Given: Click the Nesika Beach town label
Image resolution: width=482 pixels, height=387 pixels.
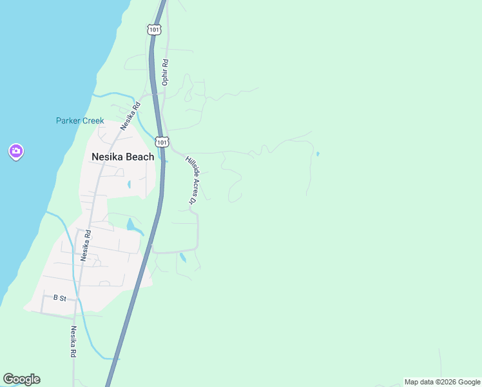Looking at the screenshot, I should pyautogui.click(x=122, y=157).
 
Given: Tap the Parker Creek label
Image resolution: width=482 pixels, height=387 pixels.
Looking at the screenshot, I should pyautogui.click(x=80, y=121).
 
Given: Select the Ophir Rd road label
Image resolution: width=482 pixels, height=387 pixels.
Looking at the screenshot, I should pyautogui.click(x=165, y=72).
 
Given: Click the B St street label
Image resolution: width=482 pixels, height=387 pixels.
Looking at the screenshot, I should pyautogui.click(x=59, y=297).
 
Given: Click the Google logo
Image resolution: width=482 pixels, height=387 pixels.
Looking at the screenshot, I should pyautogui.click(x=21, y=379).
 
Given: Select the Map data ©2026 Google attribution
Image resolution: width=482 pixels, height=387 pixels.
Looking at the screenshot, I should pyautogui.click(x=441, y=382).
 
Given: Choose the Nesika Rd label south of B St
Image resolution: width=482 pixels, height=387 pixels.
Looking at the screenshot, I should pyautogui.click(x=73, y=342).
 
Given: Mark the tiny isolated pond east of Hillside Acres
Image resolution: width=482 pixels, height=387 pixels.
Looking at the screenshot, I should pyautogui.click(x=318, y=154).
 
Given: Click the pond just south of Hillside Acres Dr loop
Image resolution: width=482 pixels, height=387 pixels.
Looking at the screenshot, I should pyautogui.click(x=183, y=258).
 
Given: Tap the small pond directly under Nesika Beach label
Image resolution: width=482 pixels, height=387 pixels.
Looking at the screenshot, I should pyautogui.click(x=129, y=184).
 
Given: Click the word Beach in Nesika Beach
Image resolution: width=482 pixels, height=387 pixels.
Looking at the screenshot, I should pyautogui.click(x=140, y=157).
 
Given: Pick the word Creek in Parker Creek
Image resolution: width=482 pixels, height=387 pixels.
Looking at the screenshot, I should pyautogui.click(x=93, y=121).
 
